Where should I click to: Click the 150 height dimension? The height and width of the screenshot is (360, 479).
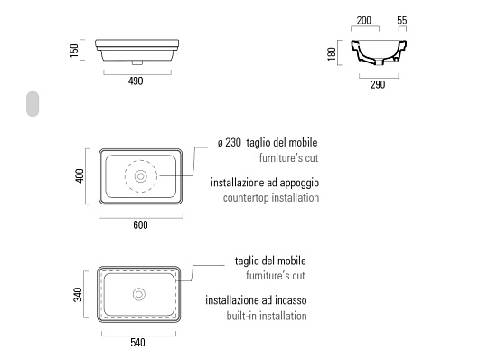click(x=74, y=50)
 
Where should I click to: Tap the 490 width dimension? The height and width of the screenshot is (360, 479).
click(x=136, y=81)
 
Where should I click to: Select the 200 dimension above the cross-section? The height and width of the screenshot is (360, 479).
click(x=364, y=21)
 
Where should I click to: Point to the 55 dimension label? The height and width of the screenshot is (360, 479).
click(x=402, y=21)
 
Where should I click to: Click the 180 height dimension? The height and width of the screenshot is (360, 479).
click(x=332, y=54)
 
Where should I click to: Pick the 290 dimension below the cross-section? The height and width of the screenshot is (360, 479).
click(x=378, y=85)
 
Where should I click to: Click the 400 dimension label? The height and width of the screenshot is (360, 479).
click(x=80, y=175)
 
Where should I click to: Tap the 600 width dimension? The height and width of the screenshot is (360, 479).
click(x=140, y=225)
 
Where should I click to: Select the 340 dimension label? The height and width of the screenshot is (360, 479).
click(x=78, y=295)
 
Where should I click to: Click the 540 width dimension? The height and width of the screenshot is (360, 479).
click(x=137, y=343)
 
